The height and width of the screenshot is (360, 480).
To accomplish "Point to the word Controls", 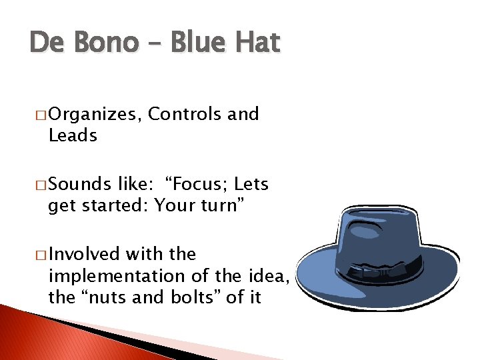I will click(x=185, y=114).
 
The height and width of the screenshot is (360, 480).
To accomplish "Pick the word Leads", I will click(x=73, y=135).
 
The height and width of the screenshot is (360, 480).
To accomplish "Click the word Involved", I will click(x=84, y=255).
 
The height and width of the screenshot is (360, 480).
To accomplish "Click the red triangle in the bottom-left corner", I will click(x=40, y=337).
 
